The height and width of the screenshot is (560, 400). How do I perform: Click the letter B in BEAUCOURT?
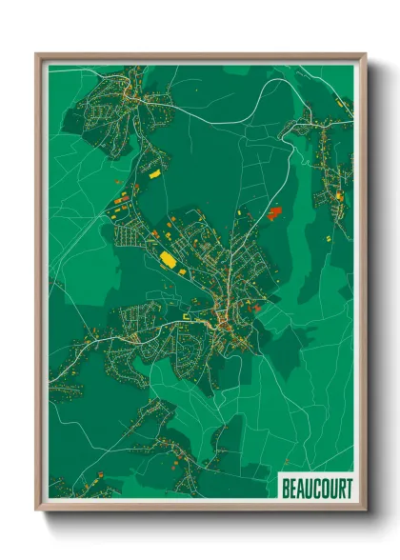(286, 490)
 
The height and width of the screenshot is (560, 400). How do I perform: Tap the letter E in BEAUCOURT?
(293, 490)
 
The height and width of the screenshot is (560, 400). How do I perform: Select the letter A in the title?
(301, 490)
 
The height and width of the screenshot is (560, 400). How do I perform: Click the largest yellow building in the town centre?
(168, 258)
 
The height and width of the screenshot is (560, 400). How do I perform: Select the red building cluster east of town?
(275, 212)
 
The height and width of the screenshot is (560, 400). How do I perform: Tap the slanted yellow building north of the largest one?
(153, 175)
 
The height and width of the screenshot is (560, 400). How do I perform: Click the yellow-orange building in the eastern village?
(338, 196)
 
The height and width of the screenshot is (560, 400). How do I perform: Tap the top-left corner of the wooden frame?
(37, 54)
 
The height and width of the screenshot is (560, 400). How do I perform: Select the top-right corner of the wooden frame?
(366, 54)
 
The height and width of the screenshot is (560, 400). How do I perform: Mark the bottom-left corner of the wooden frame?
(37, 510)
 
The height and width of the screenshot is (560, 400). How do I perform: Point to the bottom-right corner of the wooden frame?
(366, 510)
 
